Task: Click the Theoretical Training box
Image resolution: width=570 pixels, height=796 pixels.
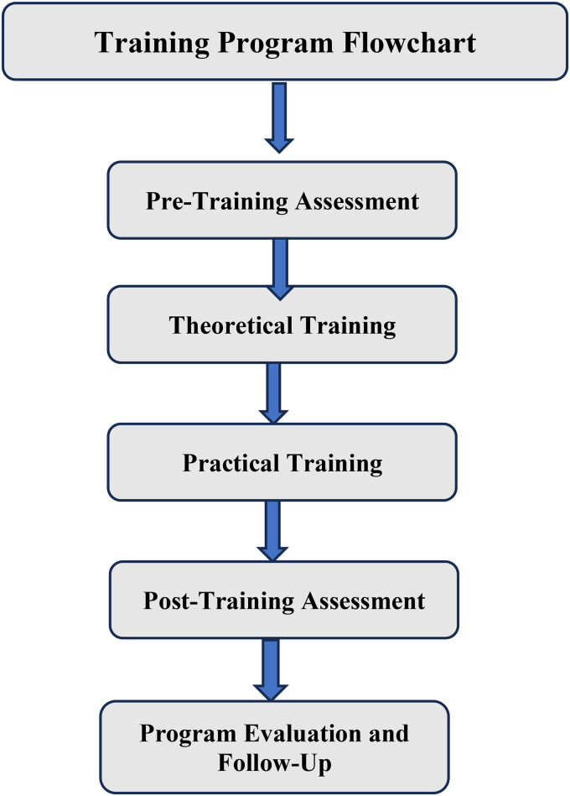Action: pos(282,325)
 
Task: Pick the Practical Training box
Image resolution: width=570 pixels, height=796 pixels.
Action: pos(282,463)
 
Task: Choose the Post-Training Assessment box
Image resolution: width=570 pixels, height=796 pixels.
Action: pos(282,600)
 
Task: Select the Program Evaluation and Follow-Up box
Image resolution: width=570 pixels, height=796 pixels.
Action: pos(274,747)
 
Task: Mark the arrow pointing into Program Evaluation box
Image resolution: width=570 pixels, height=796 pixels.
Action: pos(271,669)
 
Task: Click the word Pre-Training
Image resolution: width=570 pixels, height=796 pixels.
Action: pos(199,201)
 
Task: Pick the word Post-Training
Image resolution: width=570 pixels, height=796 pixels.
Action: pos(200,601)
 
